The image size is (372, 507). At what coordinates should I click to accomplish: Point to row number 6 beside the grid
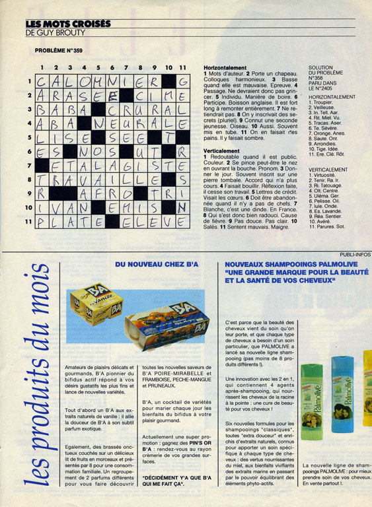pos(28,151)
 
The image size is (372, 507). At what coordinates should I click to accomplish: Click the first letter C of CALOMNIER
pos(41,82)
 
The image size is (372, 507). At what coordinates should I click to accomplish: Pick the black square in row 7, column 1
pos(41,165)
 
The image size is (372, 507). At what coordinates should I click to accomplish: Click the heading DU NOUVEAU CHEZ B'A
pos(157,264)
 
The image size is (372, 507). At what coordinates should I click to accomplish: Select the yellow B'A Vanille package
pos(96,307)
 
